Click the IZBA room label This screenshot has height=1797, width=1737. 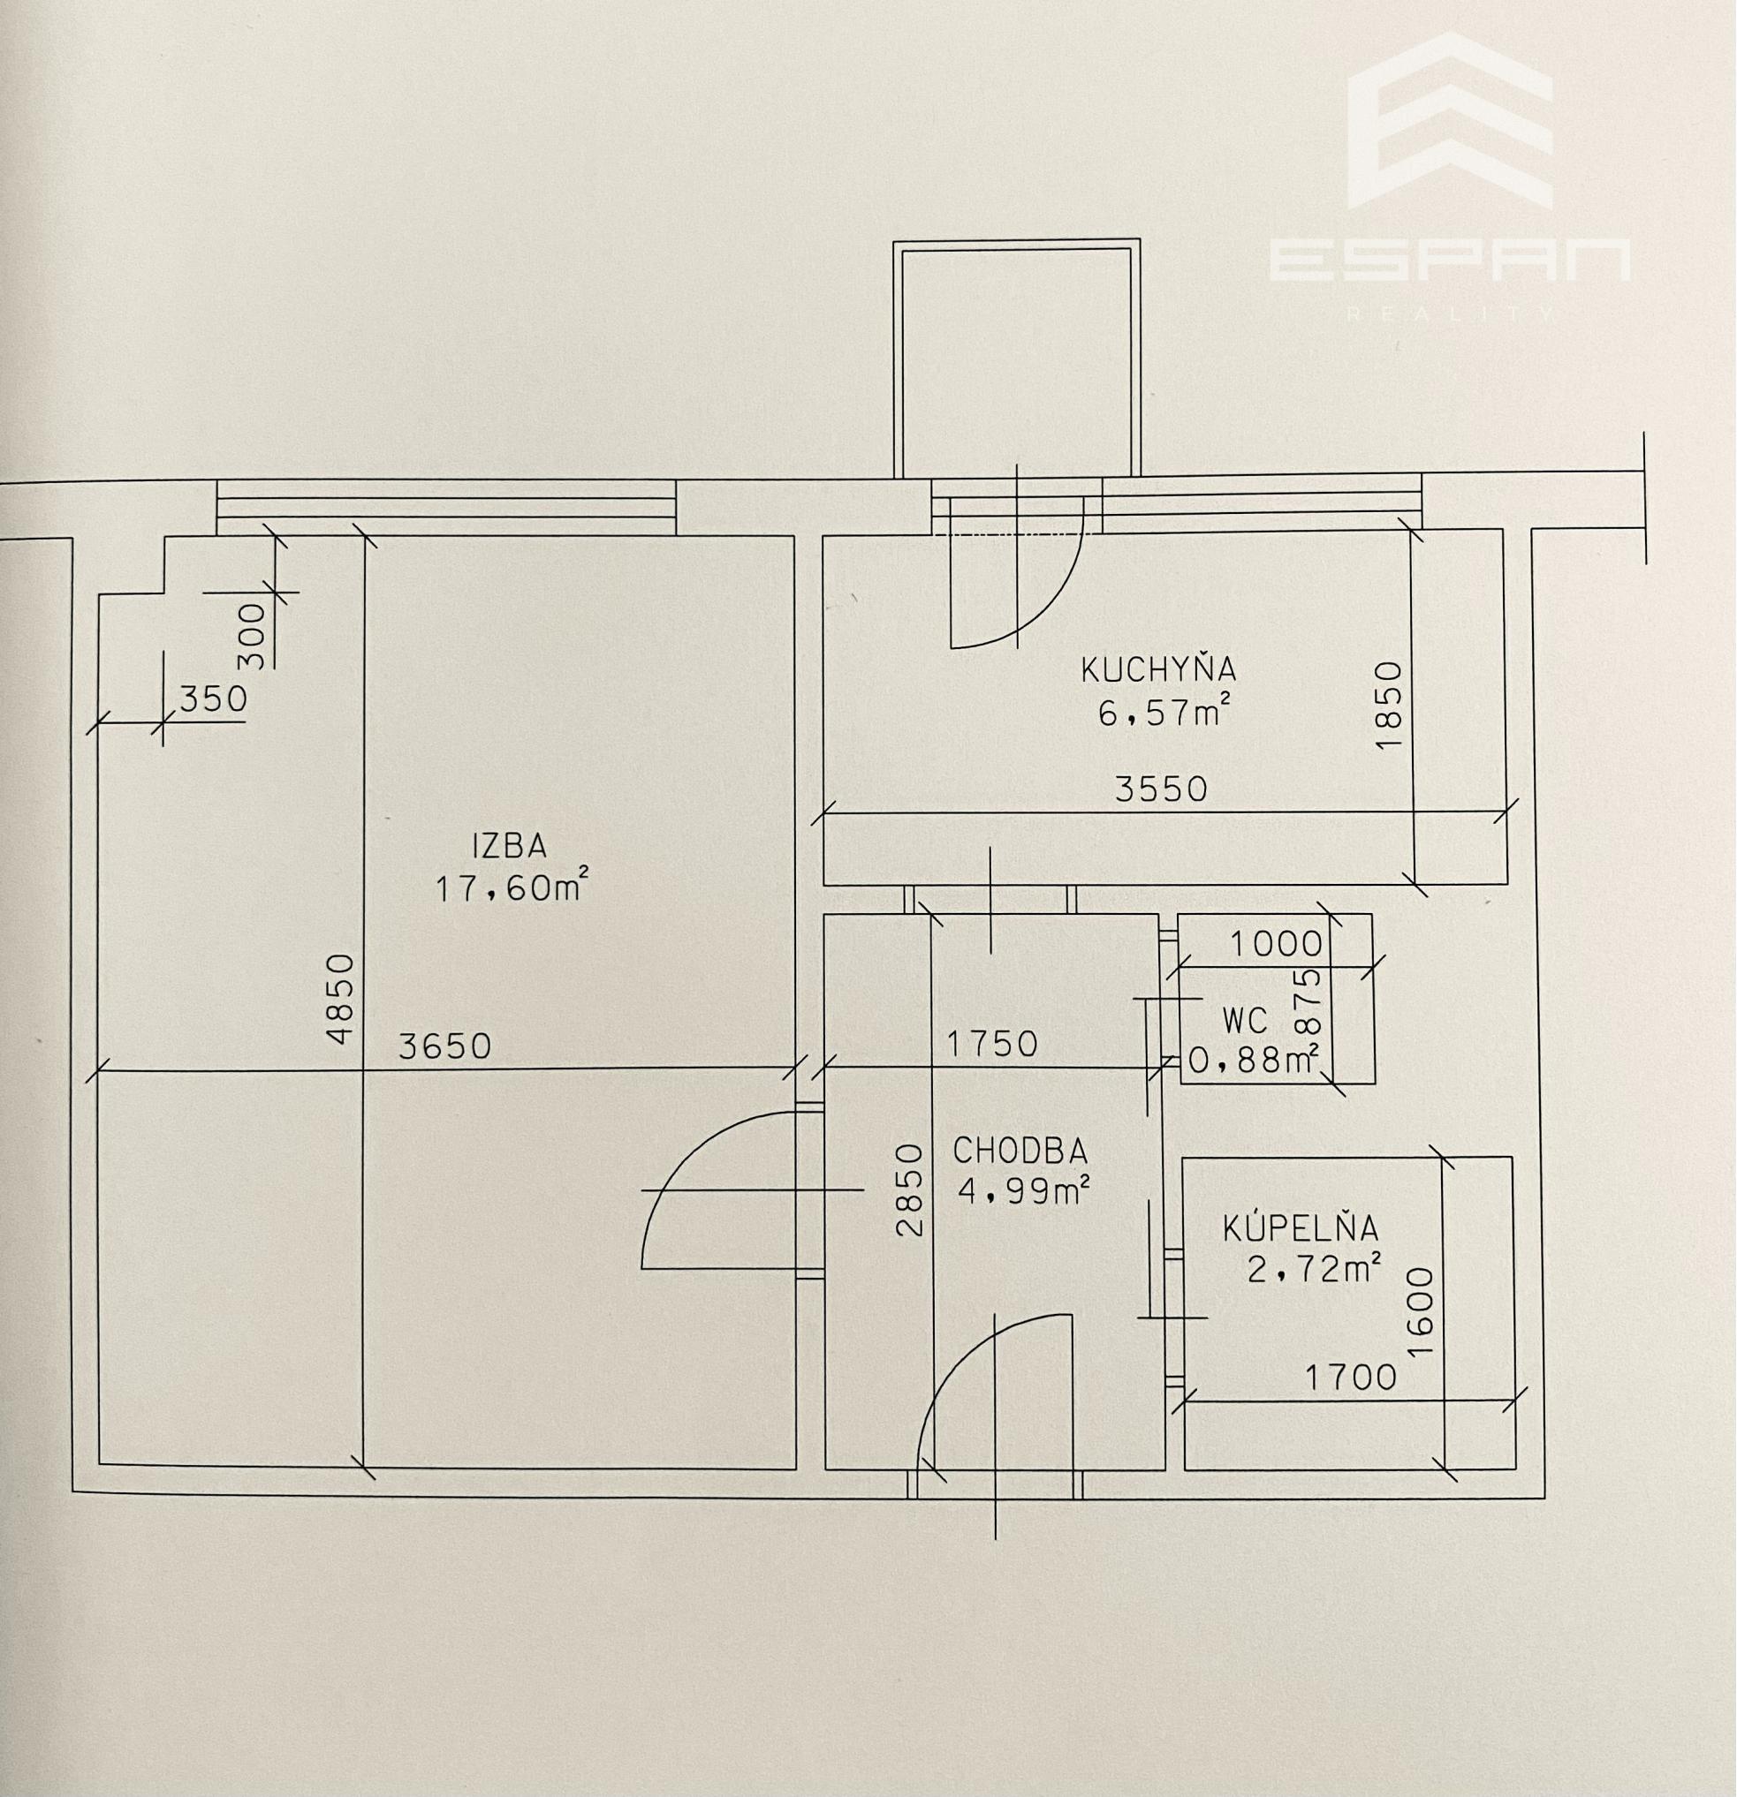pyautogui.click(x=509, y=845)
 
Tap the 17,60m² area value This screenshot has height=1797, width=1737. pyautogui.click(x=511, y=887)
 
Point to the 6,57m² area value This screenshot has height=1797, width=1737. pyautogui.click(x=1164, y=712)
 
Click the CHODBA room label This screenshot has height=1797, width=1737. pyautogui.click(x=1020, y=1150)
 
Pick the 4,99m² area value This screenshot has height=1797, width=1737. pyautogui.click(x=1023, y=1191)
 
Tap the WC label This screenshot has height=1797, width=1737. pyautogui.click(x=1246, y=1020)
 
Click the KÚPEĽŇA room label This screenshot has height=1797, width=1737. pyautogui.click(x=1301, y=1227)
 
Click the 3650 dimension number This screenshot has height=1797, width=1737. pyautogui.click(x=444, y=1046)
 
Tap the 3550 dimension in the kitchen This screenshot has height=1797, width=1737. pyautogui.click(x=1161, y=789)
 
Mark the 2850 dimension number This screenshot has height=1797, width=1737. pyautogui.click(x=908, y=1189)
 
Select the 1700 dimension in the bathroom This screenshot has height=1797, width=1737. pyautogui.click(x=1351, y=1377)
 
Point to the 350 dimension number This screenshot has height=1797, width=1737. pyautogui.click(x=214, y=699)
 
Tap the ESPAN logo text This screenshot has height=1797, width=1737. pyautogui.click(x=1450, y=260)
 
